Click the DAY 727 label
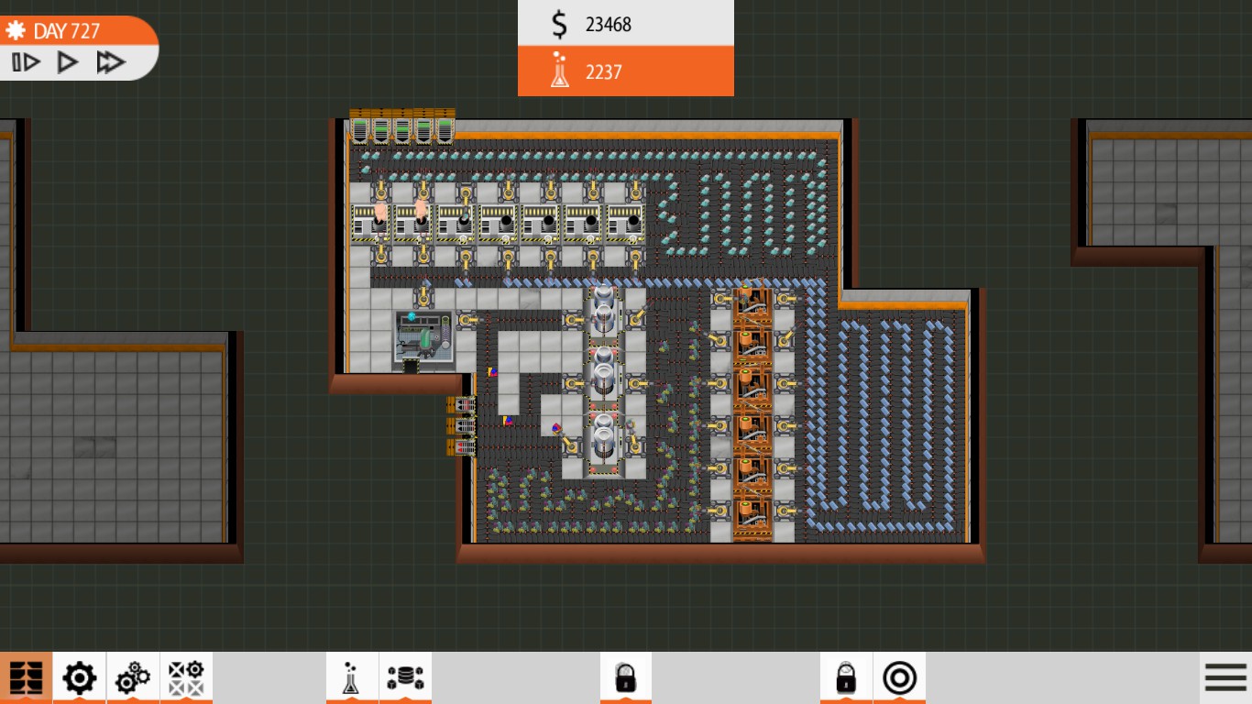tap(66, 31)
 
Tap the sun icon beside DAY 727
tap(15, 31)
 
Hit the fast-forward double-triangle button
tap(111, 62)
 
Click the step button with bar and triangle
tap(26, 62)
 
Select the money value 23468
tap(609, 25)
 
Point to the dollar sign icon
tap(559, 25)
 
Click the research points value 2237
tap(604, 72)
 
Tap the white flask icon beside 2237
tap(559, 71)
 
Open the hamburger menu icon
tap(1225, 678)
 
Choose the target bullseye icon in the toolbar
tap(899, 678)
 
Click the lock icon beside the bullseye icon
tap(846, 678)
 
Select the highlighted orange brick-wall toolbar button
tap(26, 678)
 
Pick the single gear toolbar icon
tap(79, 678)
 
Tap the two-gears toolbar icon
tap(133, 678)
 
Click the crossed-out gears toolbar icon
tap(186, 678)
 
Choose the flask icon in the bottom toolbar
tap(352, 678)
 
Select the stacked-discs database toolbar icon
tap(405, 678)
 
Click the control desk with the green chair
tap(423, 338)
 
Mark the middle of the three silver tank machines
tap(603, 376)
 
